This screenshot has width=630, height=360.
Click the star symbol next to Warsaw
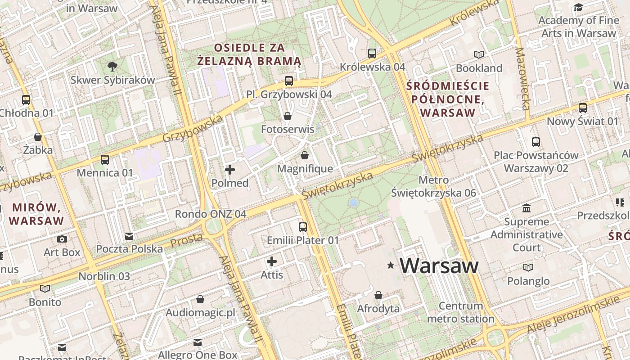pyautogui.click(x=391, y=266)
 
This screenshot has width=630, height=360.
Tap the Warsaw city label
pyautogui.click(x=439, y=265)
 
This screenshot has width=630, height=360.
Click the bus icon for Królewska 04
pyautogui.click(x=372, y=54)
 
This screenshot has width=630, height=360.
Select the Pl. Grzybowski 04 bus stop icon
pyautogui.click(x=289, y=81)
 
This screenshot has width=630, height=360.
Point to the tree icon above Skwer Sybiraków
pyautogui.click(x=112, y=67)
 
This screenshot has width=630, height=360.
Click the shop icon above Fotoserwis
pyautogui.click(x=288, y=116)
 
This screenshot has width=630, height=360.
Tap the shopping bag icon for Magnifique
pyautogui.click(x=305, y=155)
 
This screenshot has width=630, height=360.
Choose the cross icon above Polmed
pyautogui.click(x=230, y=170)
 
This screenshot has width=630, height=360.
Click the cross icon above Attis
pyautogui.click(x=272, y=261)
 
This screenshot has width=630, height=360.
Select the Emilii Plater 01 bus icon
pyautogui.click(x=303, y=227)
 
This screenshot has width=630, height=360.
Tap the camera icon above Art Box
pyautogui.click(x=62, y=239)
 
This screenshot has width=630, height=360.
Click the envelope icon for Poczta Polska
pyautogui.click(x=129, y=236)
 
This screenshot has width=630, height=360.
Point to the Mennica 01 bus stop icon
pyautogui.click(x=105, y=159)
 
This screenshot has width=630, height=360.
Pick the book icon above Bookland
pyautogui.click(x=479, y=54)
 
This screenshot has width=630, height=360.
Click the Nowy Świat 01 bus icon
pyautogui.click(x=583, y=108)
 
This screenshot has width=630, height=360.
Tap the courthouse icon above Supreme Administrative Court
pyautogui.click(x=526, y=208)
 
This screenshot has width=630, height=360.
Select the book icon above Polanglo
pyautogui.click(x=528, y=268)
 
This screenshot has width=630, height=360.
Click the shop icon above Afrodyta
pyautogui.click(x=378, y=295)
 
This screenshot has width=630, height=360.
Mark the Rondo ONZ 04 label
pyautogui.click(x=211, y=214)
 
